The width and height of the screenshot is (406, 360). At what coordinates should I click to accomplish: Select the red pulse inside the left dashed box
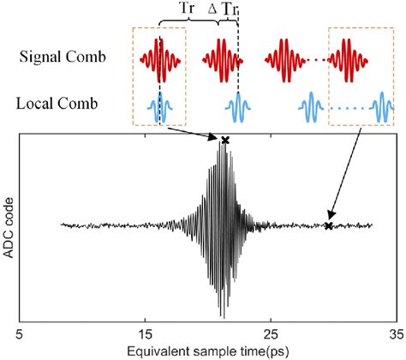pyautogui.click(x=161, y=57)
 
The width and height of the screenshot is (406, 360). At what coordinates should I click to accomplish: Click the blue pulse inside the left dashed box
pyautogui.click(x=160, y=106)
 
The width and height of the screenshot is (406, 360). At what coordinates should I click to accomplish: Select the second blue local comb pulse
pyautogui.click(x=237, y=106)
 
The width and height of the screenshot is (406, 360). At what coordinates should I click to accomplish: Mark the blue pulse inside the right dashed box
pyautogui.click(x=384, y=106)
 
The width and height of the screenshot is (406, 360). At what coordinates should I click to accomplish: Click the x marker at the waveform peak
pyautogui.click(x=225, y=140)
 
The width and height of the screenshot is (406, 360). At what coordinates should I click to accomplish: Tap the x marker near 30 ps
pyautogui.click(x=329, y=226)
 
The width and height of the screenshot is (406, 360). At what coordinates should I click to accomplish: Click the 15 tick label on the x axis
pyautogui.click(x=144, y=335)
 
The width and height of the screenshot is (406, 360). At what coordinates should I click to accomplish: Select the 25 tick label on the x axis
pyautogui.click(x=270, y=335)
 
